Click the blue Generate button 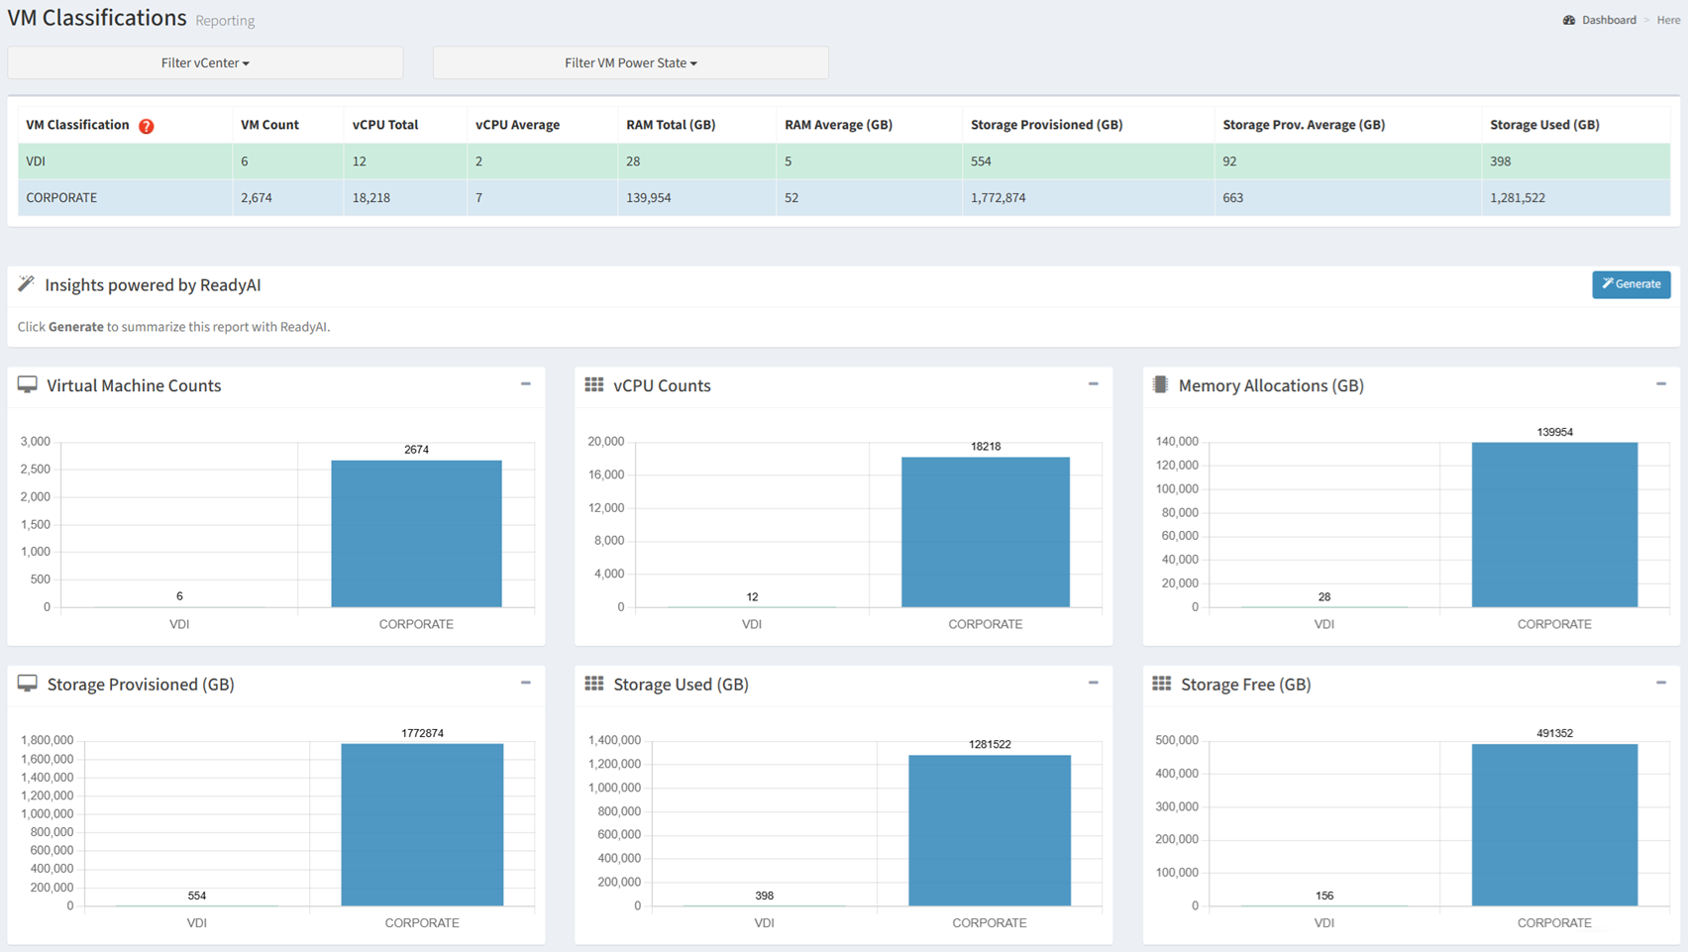[x=1631, y=284]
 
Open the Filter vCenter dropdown [x=205, y=62]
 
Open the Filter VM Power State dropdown [x=631, y=62]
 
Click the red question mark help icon [x=147, y=126]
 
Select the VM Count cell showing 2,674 [x=257, y=197]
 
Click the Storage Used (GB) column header [x=1544, y=125]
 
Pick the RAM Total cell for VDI [x=633, y=161]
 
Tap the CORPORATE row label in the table [x=61, y=197]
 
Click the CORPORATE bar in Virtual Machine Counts [x=417, y=534]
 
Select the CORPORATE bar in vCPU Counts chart [x=986, y=532]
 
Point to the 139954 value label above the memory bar [x=1554, y=432]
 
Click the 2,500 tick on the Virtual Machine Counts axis [x=36, y=469]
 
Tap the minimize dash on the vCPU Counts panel [x=1094, y=384]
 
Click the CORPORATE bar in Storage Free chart [x=1554, y=824]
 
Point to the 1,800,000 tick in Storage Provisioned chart [x=48, y=740]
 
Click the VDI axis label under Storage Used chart [x=764, y=922]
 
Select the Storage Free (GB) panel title [x=1245, y=685]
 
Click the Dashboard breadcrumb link [x=1609, y=20]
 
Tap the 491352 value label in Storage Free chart [x=1554, y=733]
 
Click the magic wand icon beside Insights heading [x=27, y=283]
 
